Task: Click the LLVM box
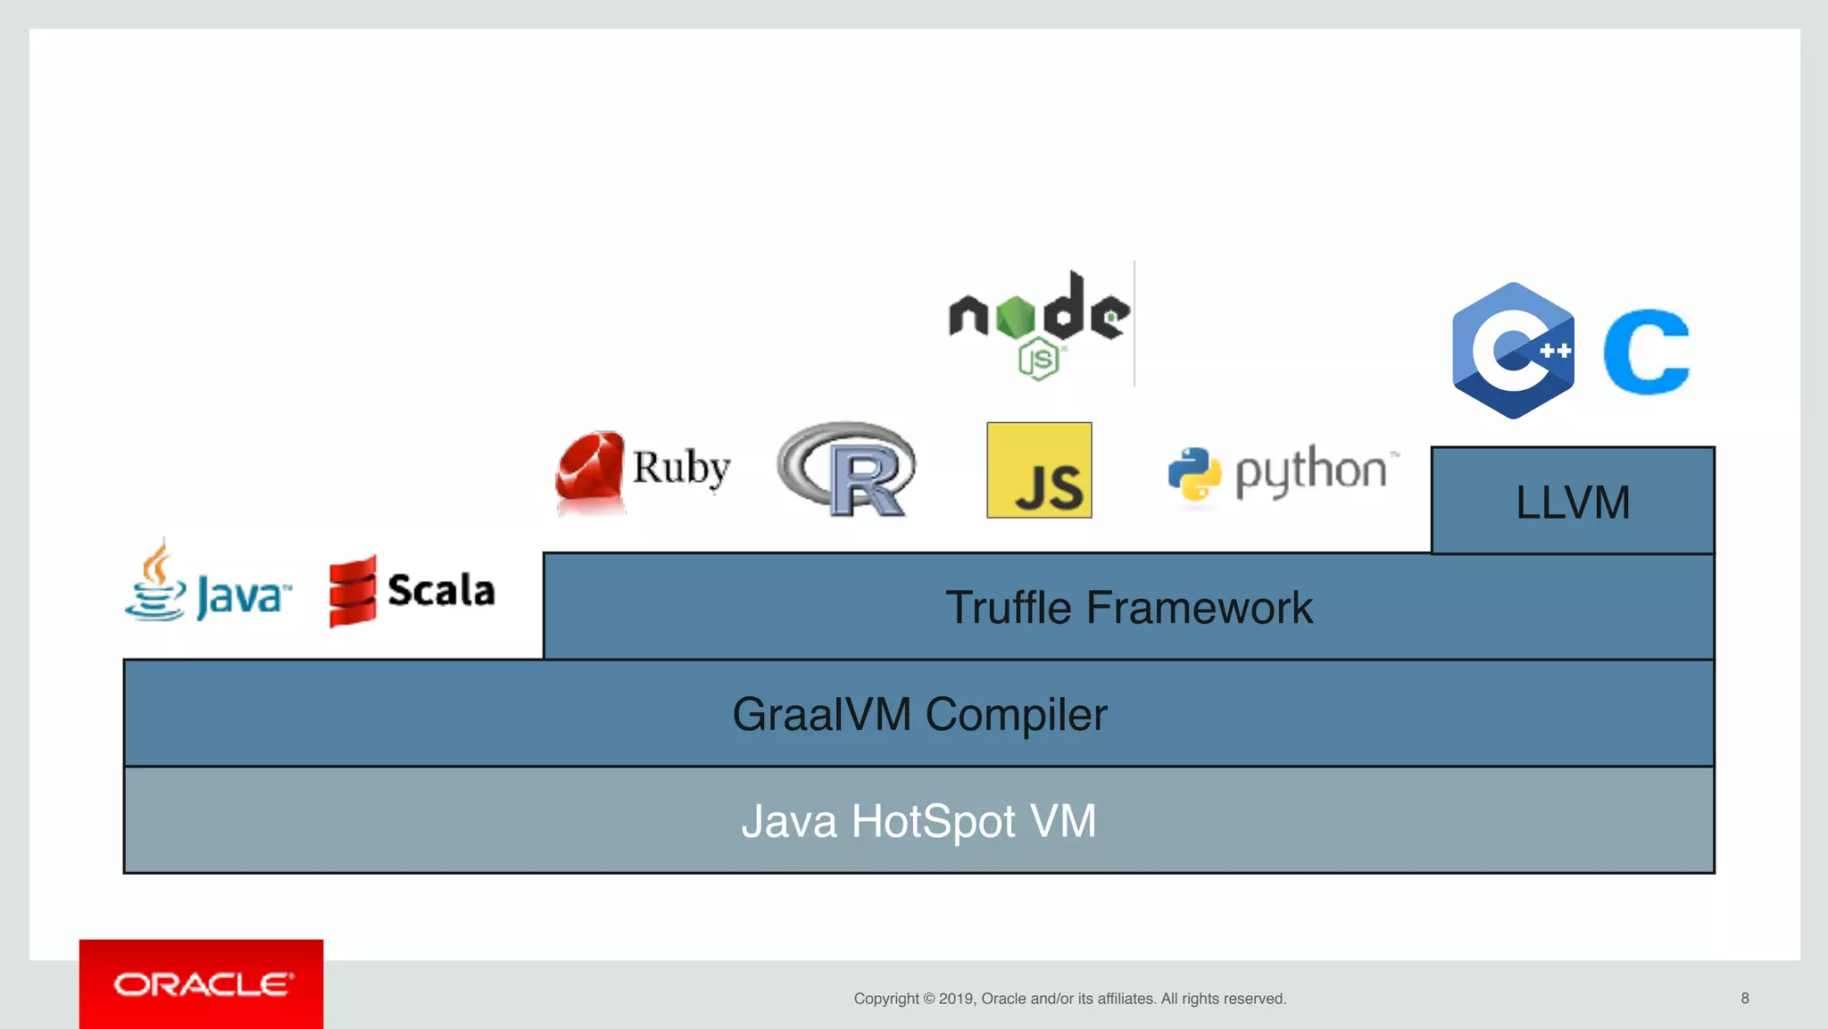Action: pyautogui.click(x=1573, y=501)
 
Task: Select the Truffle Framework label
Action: pyautogui.click(x=1128, y=608)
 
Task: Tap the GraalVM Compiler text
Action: pyautogui.click(x=919, y=714)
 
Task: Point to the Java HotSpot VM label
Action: pyautogui.click(x=918, y=821)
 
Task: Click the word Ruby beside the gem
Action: pyautogui.click(x=681, y=468)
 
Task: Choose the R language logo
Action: pyautogui.click(x=847, y=469)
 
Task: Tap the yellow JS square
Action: pyautogui.click(x=1039, y=470)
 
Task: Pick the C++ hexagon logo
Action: pyautogui.click(x=1513, y=351)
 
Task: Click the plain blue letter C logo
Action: pyautogui.click(x=1647, y=352)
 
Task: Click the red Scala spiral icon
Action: pyautogui.click(x=353, y=591)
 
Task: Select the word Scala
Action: pyautogui.click(x=441, y=590)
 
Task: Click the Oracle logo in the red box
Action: pyautogui.click(x=202, y=984)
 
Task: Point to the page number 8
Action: pyautogui.click(x=1744, y=998)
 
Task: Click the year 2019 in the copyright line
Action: pyautogui.click(x=955, y=999)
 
